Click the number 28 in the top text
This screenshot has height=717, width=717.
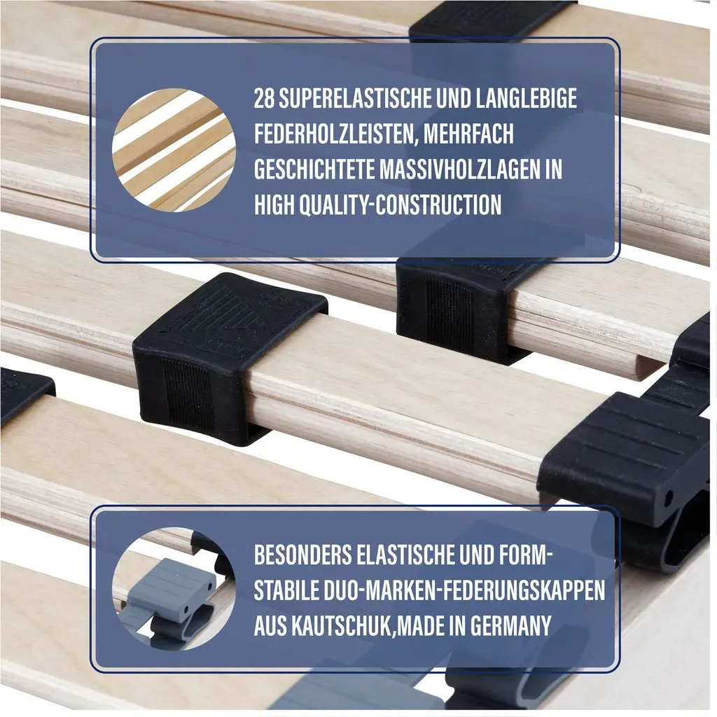264,98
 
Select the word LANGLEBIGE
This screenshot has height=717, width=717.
526,98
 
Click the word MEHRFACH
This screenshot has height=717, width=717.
468,134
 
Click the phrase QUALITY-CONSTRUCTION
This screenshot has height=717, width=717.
400,204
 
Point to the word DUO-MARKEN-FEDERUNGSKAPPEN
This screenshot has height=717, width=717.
462,590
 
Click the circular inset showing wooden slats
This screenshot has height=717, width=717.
174,151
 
